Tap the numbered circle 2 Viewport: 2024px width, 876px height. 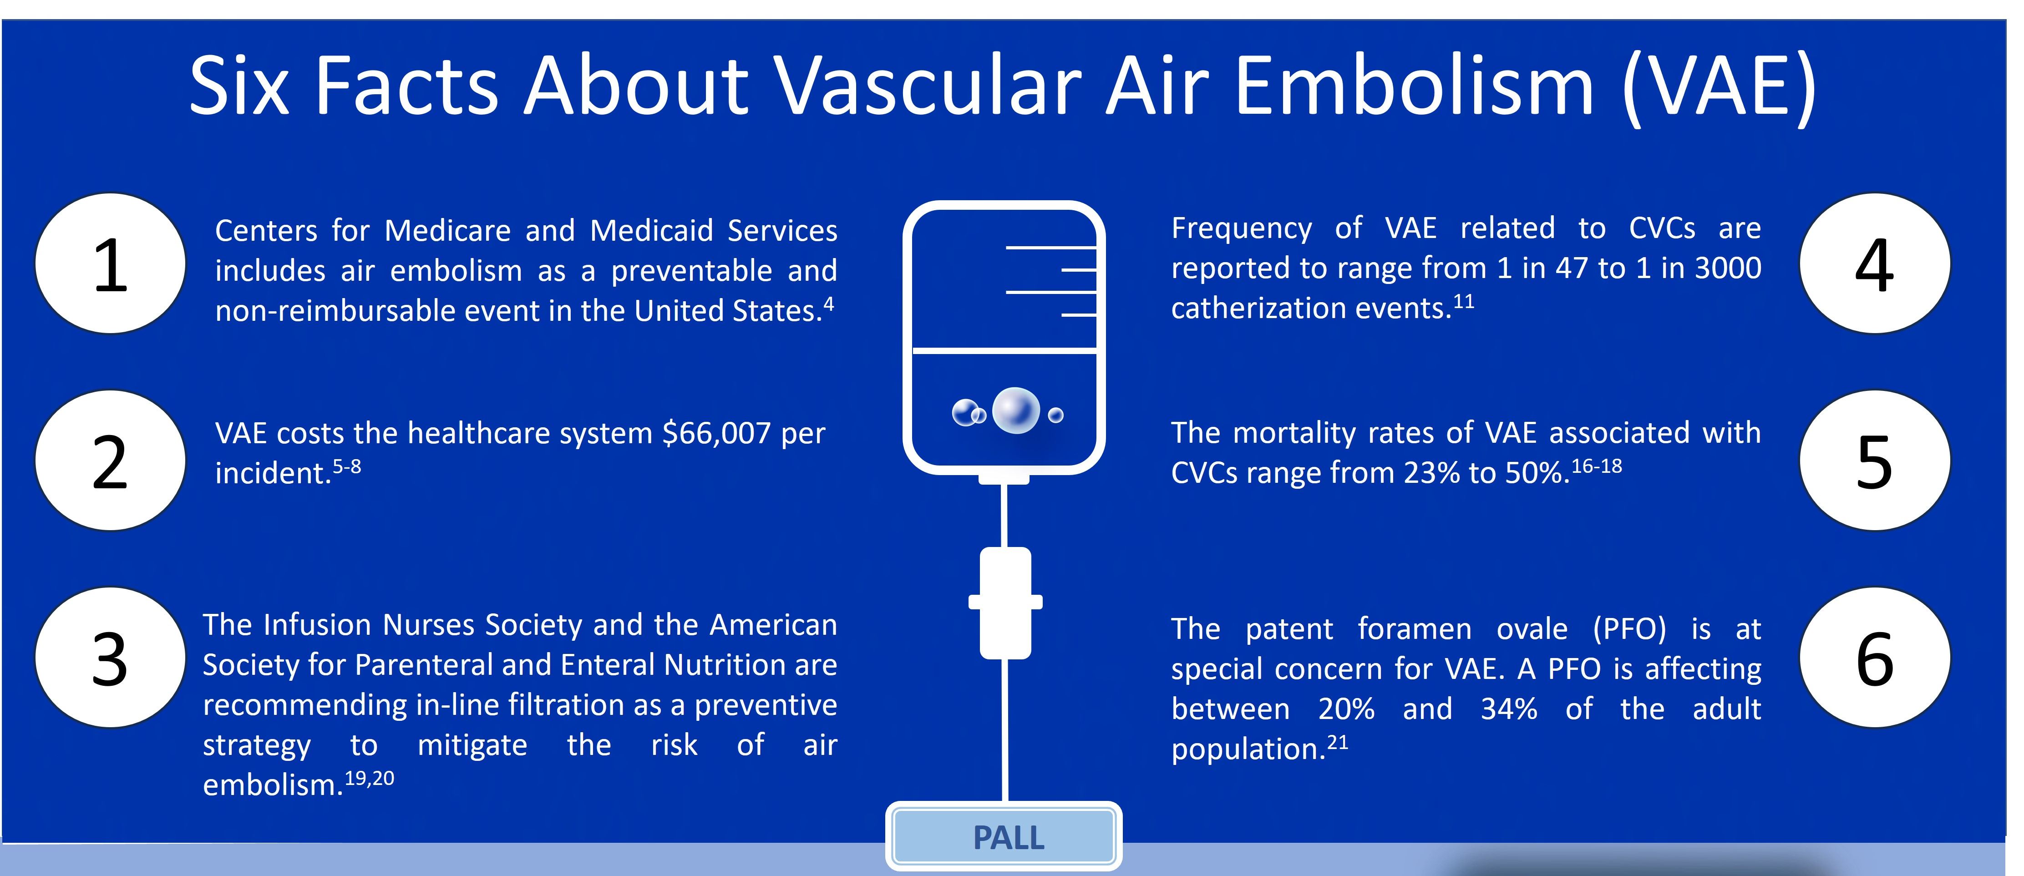click(x=110, y=461)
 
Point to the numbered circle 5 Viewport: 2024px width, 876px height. click(x=1875, y=461)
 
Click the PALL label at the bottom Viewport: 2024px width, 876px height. click(x=1008, y=837)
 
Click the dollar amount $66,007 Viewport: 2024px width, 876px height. click(x=716, y=433)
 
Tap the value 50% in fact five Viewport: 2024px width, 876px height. click(x=1536, y=473)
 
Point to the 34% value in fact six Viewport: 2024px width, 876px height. click(x=1509, y=709)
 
